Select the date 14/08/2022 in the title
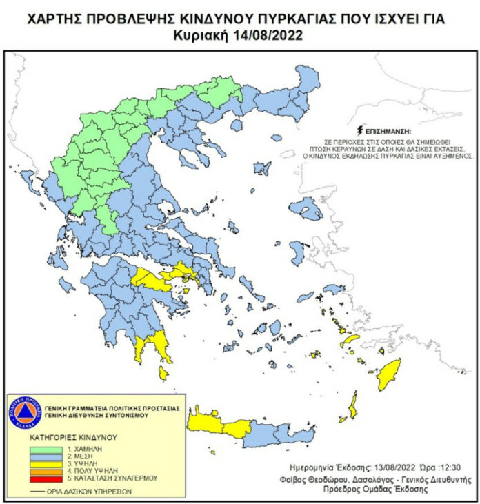click(x=272, y=34)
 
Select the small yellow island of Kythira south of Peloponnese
click(x=163, y=373)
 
